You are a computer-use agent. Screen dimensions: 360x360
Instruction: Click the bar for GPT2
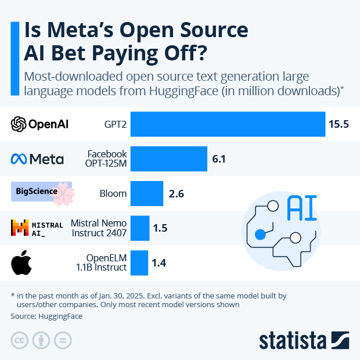click(x=228, y=124)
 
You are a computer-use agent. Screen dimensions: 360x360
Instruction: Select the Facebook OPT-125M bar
click(x=168, y=159)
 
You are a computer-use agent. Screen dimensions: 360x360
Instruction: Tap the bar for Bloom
click(x=147, y=193)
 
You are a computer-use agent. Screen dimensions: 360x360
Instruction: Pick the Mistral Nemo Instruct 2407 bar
click(x=140, y=228)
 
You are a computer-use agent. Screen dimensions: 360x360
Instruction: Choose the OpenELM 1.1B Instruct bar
click(x=139, y=263)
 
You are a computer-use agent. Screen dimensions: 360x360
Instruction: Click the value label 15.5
click(x=339, y=124)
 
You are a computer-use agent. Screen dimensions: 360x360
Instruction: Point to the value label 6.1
click(x=219, y=159)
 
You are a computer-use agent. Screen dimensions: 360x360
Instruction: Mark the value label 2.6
click(x=176, y=193)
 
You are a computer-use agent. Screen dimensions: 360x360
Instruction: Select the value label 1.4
click(x=159, y=263)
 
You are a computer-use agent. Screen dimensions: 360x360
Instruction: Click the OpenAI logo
click(x=39, y=124)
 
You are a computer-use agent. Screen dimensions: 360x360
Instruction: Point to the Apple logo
click(x=21, y=262)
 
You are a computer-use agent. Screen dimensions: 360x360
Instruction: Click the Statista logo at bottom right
click(x=304, y=340)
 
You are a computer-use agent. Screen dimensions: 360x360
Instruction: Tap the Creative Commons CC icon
click(x=20, y=340)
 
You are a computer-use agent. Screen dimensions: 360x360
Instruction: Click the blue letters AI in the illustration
click(x=303, y=208)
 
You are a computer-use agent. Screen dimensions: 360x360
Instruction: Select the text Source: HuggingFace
click(x=46, y=316)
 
